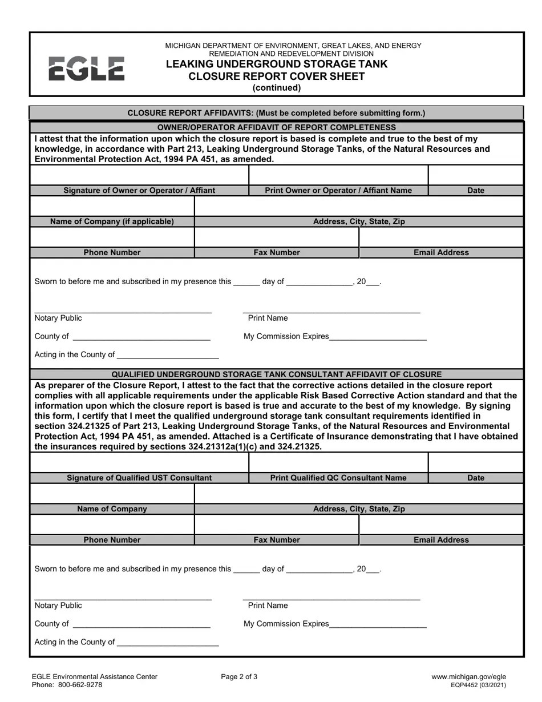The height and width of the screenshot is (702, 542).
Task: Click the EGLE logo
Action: tap(86, 68)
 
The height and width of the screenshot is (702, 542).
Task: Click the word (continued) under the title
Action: tap(276, 88)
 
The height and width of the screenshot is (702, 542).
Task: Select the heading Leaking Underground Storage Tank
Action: tap(276, 64)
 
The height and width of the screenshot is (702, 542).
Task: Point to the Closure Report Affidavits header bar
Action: tap(276, 113)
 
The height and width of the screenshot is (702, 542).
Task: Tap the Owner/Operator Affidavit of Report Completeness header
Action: tap(276, 127)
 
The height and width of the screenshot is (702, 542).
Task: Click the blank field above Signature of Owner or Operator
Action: tap(139, 175)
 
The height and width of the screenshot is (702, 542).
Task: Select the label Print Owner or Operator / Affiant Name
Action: tap(338, 191)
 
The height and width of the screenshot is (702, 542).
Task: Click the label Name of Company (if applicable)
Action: tap(112, 221)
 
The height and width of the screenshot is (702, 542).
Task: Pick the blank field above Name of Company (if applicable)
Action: tap(112, 206)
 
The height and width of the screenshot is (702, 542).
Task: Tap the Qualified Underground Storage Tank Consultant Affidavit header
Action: tap(276, 374)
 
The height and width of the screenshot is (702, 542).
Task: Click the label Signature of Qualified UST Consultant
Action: tap(139, 478)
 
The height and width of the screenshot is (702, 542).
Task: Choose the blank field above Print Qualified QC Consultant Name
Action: tap(338, 463)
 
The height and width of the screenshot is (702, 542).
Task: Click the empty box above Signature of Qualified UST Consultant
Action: tap(139, 463)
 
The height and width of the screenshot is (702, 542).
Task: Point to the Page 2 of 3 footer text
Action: tap(239, 677)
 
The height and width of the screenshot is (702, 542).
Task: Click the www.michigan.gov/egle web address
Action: tap(468, 677)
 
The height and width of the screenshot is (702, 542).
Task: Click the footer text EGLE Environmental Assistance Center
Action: tap(95, 677)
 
